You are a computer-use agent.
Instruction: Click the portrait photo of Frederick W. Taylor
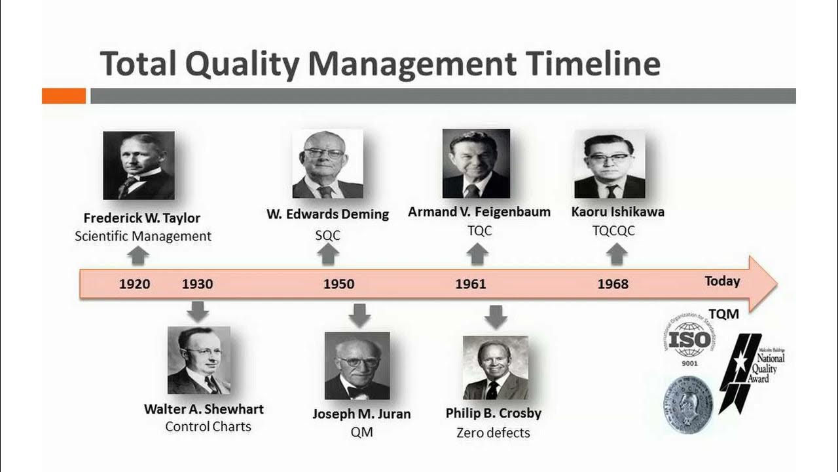[x=139, y=165]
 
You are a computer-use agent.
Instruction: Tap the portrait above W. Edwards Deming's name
[x=327, y=164]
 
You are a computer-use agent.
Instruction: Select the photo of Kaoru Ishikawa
[x=610, y=164]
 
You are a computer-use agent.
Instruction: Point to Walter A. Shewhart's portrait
[x=199, y=361]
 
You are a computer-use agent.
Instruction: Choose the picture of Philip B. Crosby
[x=495, y=368]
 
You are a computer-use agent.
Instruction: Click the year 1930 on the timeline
[x=197, y=284]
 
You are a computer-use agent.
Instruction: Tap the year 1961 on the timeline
[x=471, y=284]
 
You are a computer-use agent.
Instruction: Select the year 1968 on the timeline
[x=613, y=284]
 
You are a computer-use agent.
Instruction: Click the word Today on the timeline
[x=722, y=281]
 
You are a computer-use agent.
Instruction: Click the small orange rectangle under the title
[x=64, y=96]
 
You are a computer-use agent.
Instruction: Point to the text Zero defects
[x=493, y=433]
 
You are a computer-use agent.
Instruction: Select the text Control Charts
[x=208, y=427]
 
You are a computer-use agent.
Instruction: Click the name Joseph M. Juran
[x=361, y=414]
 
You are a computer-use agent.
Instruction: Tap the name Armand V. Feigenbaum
[x=479, y=212]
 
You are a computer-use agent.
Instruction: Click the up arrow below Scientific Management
[x=137, y=255]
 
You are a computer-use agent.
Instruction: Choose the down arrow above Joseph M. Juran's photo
[x=359, y=315]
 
